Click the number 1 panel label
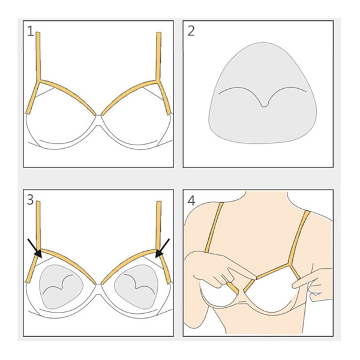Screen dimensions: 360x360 tap(30, 31)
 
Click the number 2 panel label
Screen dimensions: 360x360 tap(191, 31)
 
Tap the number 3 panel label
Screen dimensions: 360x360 tap(31, 200)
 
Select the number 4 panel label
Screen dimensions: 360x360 tap(191, 200)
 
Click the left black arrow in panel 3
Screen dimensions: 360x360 tap(34, 248)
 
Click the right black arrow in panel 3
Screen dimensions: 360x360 tap(163, 248)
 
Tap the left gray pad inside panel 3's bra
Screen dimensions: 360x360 tap(61, 287)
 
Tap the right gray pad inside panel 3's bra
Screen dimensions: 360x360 tap(136, 287)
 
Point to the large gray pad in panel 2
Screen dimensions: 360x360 tap(262, 93)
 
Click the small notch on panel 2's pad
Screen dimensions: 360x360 tap(264, 105)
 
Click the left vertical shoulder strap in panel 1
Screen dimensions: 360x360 tap(38, 56)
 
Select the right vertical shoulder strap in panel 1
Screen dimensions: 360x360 tap(158, 56)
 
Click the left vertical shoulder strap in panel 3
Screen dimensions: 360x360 tap(38, 226)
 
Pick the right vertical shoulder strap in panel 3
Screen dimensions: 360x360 tap(158, 226)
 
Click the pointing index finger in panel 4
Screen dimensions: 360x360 tap(305, 283)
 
